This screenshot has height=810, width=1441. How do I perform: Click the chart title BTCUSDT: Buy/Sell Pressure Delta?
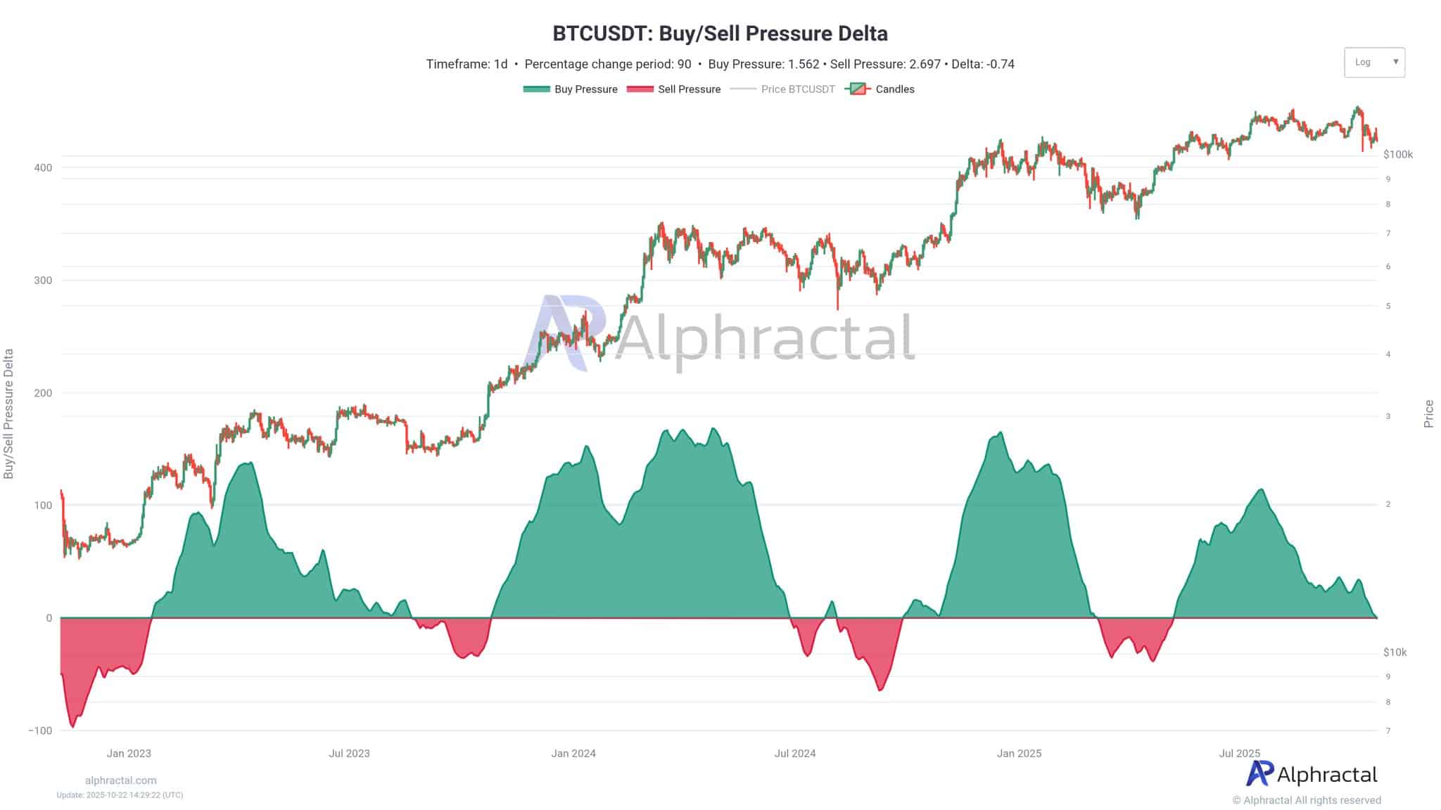coord(720,33)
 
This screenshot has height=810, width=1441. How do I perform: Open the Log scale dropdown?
coord(1373,62)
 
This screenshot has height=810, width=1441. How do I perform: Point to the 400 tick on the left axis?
coord(44,167)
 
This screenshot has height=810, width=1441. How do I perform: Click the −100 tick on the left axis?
coord(40,731)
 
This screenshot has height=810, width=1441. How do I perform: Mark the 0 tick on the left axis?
coord(49,618)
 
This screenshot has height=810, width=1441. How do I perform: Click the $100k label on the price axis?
coord(1397,154)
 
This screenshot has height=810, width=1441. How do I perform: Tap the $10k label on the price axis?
coord(1395,652)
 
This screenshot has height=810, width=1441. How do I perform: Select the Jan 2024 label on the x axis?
coord(573,753)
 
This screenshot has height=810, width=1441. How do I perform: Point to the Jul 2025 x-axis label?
coord(1239,753)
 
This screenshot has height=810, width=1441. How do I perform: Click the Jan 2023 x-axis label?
coord(129,753)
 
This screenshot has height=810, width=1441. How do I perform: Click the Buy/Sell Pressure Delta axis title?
coord(9,413)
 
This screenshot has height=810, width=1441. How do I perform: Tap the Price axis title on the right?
coord(1428,413)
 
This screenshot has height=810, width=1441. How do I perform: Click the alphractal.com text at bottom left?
coord(120,780)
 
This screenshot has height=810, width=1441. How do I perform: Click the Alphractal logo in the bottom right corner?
coord(1312,774)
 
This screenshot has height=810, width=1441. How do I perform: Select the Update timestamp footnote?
coord(120,795)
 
